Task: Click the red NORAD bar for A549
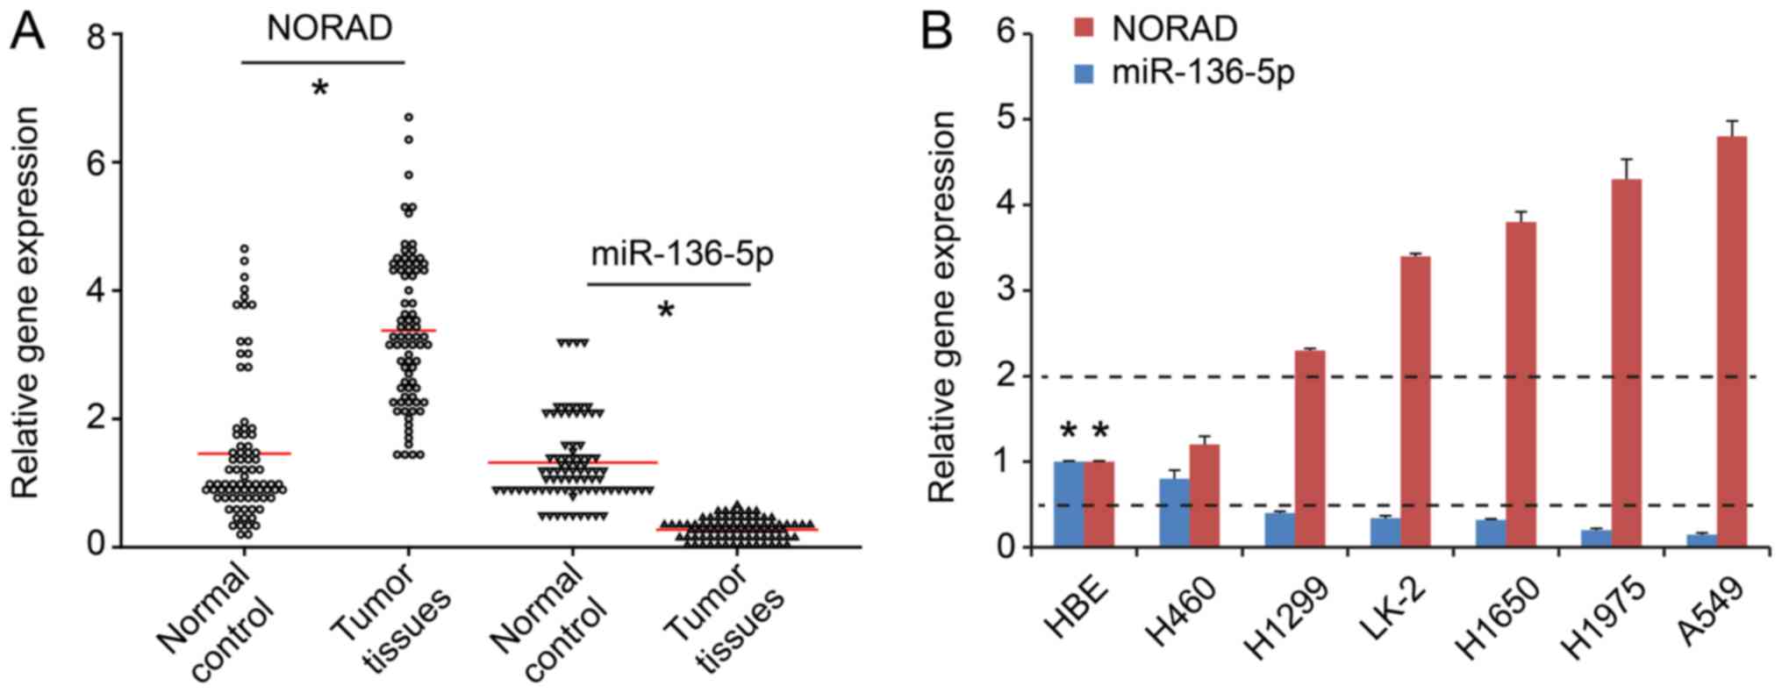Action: (1731, 342)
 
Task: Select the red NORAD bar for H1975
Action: (1626, 363)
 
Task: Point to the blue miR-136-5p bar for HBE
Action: (1069, 504)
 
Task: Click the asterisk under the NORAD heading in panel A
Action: (321, 89)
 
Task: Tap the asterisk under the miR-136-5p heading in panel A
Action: (666, 311)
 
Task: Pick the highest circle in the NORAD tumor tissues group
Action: (408, 117)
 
